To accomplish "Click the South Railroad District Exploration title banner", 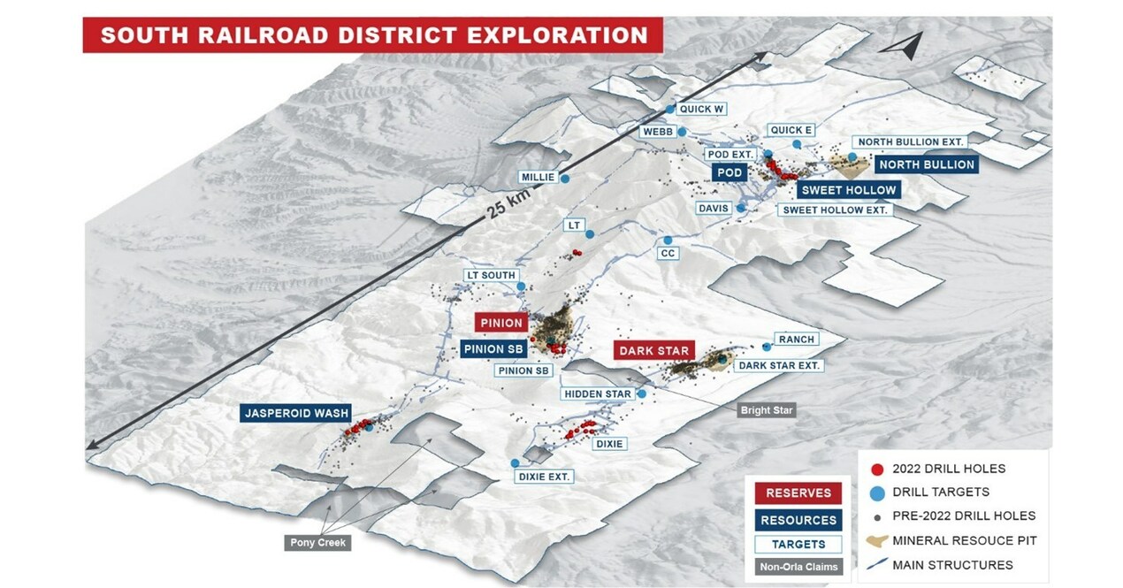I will coord(373,35).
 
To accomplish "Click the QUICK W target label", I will coord(701,110).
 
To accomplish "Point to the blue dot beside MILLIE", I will coord(564,178).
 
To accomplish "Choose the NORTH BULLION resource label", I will coord(926,164).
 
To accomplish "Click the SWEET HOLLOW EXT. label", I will coord(835,210).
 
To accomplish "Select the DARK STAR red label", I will coord(654,351).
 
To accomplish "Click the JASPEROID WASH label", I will coord(296,413).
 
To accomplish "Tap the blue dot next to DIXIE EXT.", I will coord(515,462).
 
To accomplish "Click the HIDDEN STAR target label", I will coord(599,393).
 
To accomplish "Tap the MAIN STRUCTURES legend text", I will coord(952,564).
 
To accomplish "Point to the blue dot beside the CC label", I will coord(668,241).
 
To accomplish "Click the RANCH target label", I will coord(796,340).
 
